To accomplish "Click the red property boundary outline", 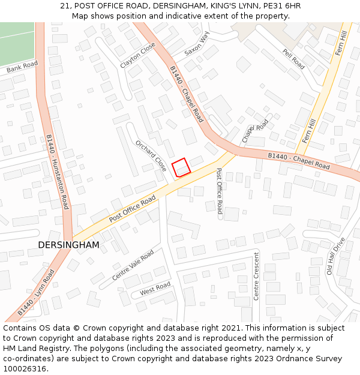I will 181,167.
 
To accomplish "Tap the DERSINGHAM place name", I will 68,245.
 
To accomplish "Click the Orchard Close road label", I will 151,156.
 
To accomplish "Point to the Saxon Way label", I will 197,44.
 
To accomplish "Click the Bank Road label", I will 22,67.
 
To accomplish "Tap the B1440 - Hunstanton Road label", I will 58,172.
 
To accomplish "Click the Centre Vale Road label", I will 133,265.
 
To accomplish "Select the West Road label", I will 155,289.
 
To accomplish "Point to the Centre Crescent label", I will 256,276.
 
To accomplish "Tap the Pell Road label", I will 294,58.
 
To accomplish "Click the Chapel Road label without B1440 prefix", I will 255,131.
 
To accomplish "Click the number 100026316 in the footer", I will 24,369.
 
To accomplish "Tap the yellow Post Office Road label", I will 133,209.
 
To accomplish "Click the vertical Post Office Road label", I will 219,191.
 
